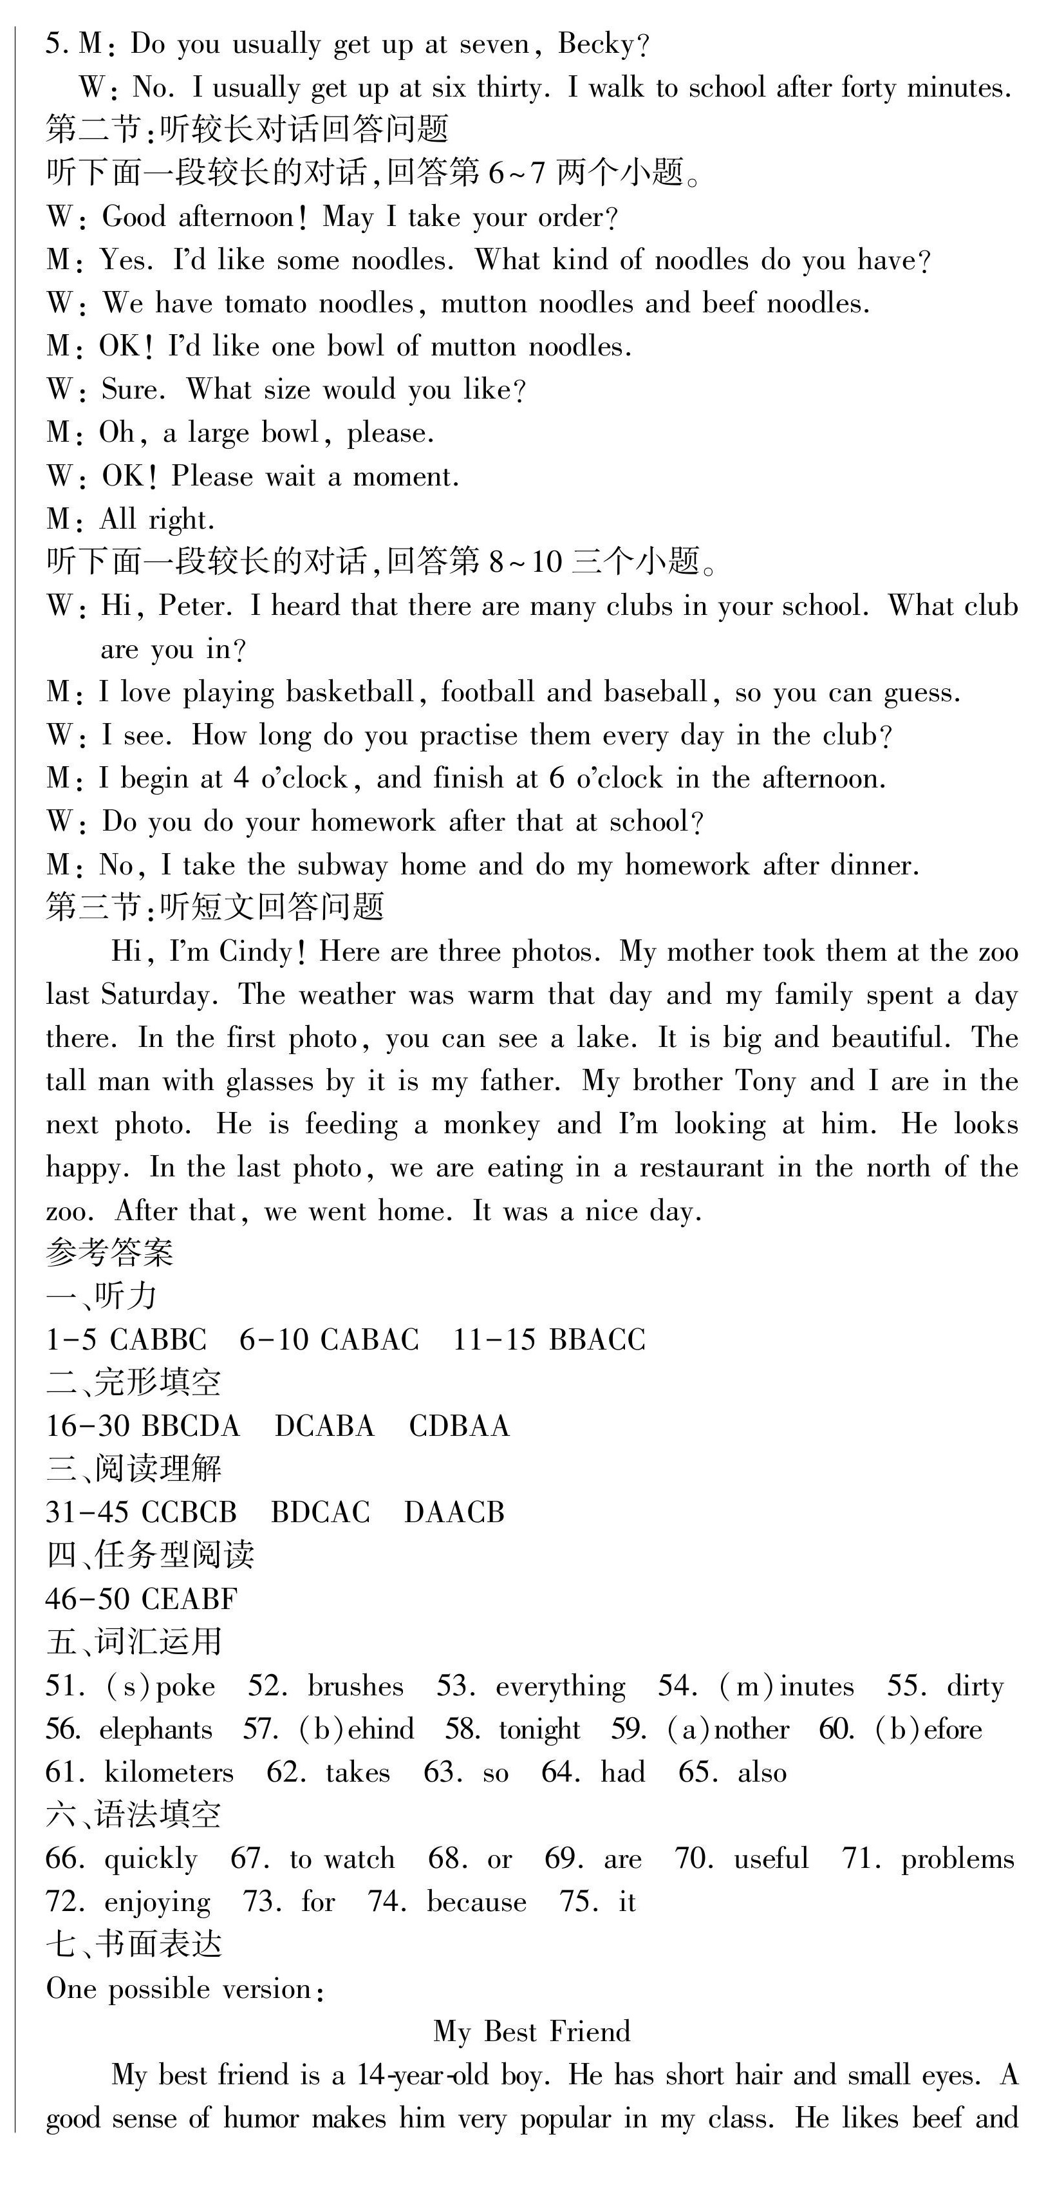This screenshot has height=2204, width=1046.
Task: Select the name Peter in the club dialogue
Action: [x=194, y=606]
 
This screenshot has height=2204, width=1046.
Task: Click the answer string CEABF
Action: [x=189, y=1598]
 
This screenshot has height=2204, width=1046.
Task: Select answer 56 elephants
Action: [x=154, y=1729]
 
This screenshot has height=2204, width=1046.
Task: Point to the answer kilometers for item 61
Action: [x=167, y=1773]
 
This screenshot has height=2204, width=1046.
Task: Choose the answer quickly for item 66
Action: [x=151, y=1859]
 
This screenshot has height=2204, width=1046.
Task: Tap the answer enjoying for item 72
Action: [x=156, y=1902]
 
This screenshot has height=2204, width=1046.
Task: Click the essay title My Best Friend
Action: [x=531, y=2031]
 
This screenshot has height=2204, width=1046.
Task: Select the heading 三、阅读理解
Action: [x=133, y=1468]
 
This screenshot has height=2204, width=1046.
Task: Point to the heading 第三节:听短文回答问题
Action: [x=215, y=907]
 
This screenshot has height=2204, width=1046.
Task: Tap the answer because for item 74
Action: [x=476, y=1902]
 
